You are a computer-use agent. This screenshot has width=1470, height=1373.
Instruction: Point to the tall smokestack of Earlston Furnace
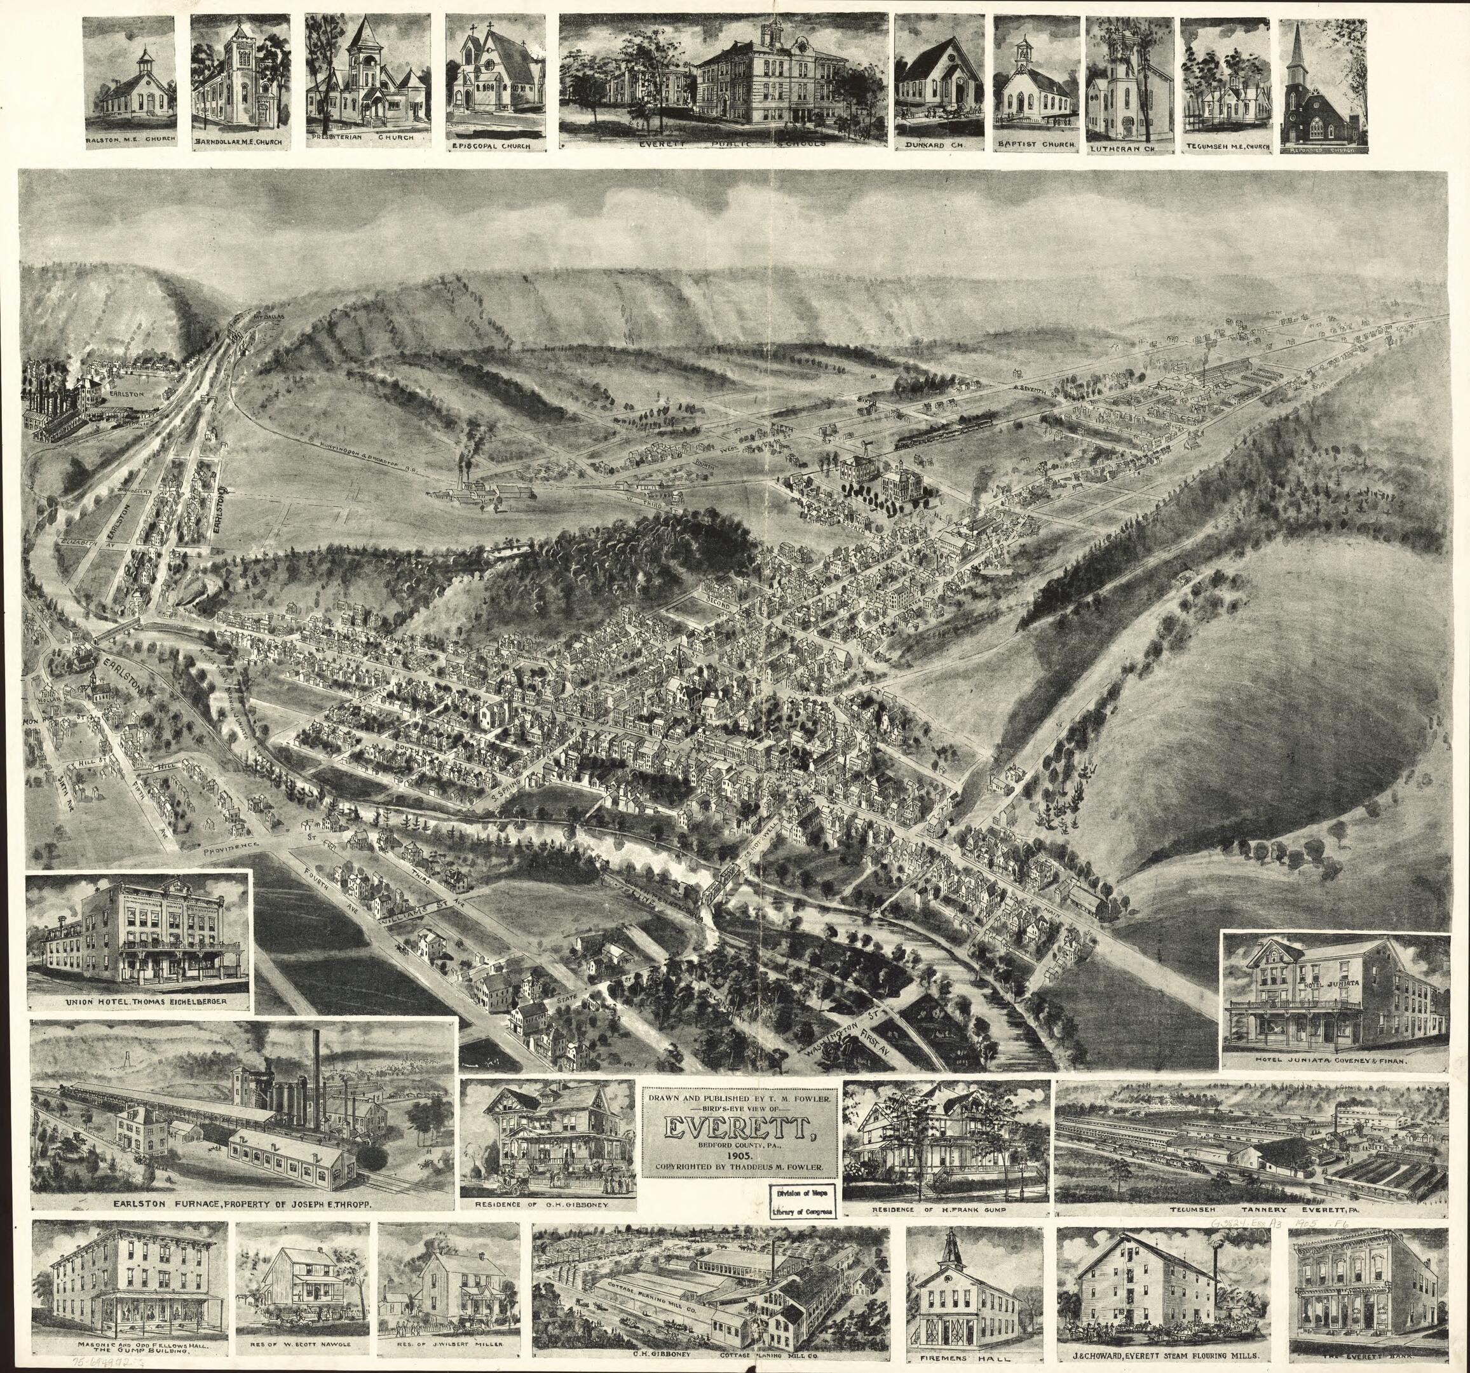(x=316, y=1072)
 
